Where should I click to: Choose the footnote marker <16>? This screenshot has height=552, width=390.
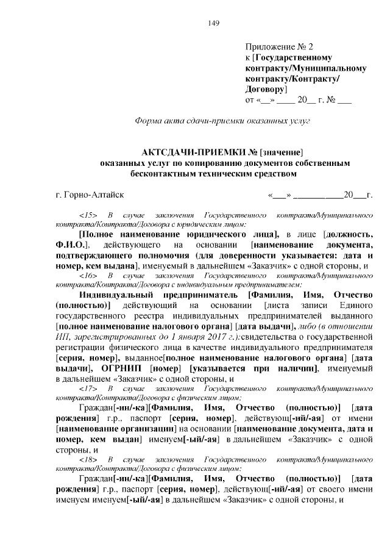[89, 276]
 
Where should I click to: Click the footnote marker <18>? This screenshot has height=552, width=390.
[89, 457]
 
